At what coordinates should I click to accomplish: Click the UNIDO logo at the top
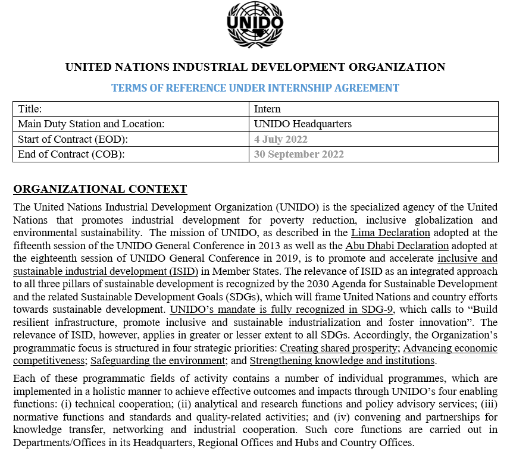[x=255, y=26]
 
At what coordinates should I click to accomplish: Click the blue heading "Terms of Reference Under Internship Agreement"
[x=255, y=88]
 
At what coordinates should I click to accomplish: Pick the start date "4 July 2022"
[x=280, y=140]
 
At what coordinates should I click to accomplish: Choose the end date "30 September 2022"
[x=299, y=155]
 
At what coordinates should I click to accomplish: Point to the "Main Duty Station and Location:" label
[x=91, y=124]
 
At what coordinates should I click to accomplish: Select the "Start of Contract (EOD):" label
[x=73, y=140]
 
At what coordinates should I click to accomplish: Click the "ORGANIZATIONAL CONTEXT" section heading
[x=100, y=190]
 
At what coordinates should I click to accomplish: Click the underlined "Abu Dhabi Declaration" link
[x=397, y=246]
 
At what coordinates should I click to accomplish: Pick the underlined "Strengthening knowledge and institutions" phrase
[x=342, y=360]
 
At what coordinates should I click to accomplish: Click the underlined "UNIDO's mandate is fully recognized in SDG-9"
[x=283, y=309]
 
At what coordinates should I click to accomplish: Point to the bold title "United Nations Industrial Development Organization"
[x=255, y=67]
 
